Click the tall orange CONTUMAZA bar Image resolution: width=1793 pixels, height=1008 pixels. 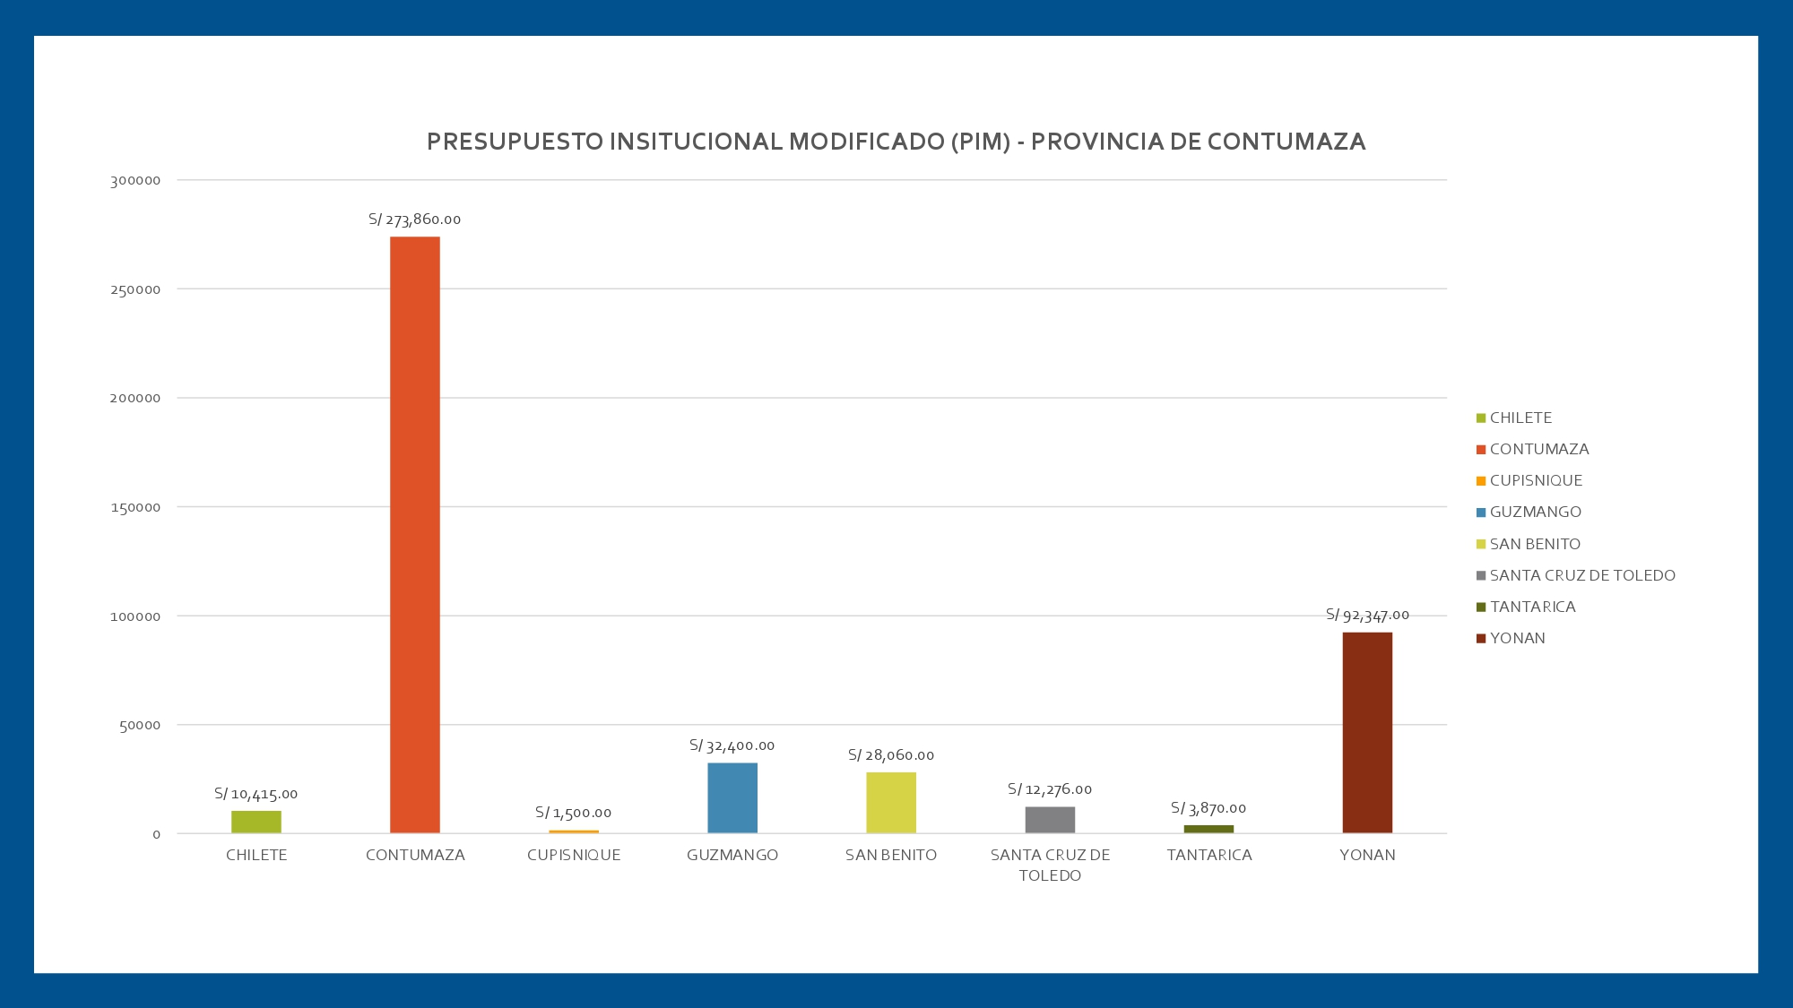coord(415,535)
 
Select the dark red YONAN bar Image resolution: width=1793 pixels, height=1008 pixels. coord(1367,733)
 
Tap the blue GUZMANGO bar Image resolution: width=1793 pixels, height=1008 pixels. coord(732,797)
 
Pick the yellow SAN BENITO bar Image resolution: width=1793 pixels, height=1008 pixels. coord(891,803)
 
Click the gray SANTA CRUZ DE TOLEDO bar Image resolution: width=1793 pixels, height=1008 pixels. coord(1050,820)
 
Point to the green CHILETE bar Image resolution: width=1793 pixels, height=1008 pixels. coord(256,822)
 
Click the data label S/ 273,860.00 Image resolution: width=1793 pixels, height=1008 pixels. coord(415,220)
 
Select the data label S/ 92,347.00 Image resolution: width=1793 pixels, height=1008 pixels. coord(1367,615)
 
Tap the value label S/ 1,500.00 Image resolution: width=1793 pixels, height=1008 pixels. coord(574,813)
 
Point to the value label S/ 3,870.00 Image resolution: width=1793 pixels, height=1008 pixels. coord(1208,808)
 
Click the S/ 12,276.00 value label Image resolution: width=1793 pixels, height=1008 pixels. coord(1050,789)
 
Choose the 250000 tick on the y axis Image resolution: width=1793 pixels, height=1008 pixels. coord(135,289)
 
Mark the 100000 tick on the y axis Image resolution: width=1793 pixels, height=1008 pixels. coord(135,616)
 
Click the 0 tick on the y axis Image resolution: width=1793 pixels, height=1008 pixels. coord(157,834)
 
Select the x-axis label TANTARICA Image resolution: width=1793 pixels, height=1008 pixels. coord(1209,855)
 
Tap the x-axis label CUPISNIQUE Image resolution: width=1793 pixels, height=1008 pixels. coord(574,855)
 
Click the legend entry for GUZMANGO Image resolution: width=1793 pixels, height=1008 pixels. coord(1536,512)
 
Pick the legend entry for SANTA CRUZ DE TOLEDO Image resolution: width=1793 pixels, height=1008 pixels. coord(1582,575)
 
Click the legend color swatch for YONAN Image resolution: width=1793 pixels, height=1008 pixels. coord(1481,639)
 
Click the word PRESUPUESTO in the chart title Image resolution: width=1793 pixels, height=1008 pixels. coord(515,142)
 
